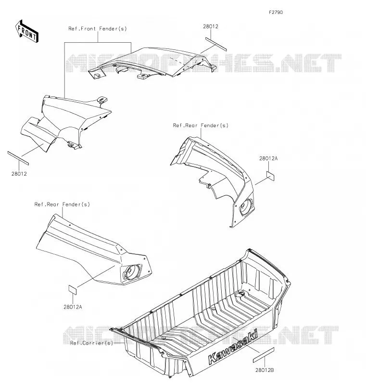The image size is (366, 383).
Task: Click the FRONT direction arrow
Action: pyautogui.click(x=27, y=32)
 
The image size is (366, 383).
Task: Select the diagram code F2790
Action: pyautogui.click(x=276, y=12)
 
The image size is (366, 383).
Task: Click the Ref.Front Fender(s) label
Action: pyautogui.click(x=98, y=29)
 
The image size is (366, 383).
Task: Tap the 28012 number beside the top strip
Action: pyautogui.click(x=211, y=26)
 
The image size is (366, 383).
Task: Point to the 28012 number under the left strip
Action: pyautogui.click(x=19, y=174)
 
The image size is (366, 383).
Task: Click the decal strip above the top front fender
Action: pyautogui.click(x=216, y=44)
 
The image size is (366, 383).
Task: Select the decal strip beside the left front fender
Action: pyautogui.click(x=18, y=158)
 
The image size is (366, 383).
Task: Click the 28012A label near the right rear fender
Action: pyautogui.click(x=268, y=158)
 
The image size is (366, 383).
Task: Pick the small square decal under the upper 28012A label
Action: pyautogui.click(x=270, y=176)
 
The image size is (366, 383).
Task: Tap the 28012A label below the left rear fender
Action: pyautogui.click(x=73, y=307)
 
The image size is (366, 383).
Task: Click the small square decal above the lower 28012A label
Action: pyautogui.click(x=73, y=290)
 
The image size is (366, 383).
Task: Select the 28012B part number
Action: pyautogui.click(x=265, y=371)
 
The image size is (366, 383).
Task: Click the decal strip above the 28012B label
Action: pyautogui.click(x=263, y=355)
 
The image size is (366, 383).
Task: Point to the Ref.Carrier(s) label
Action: pyautogui.click(x=92, y=343)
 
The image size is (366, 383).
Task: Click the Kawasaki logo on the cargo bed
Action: pyautogui.click(x=233, y=347)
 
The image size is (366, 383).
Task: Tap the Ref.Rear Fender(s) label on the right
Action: pyautogui.click(x=201, y=126)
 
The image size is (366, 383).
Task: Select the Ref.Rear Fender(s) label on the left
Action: pyautogui.click(x=62, y=204)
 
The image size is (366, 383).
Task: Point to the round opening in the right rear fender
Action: pyautogui.click(x=247, y=207)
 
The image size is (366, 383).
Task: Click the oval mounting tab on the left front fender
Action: pyautogui.click(x=102, y=99)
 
